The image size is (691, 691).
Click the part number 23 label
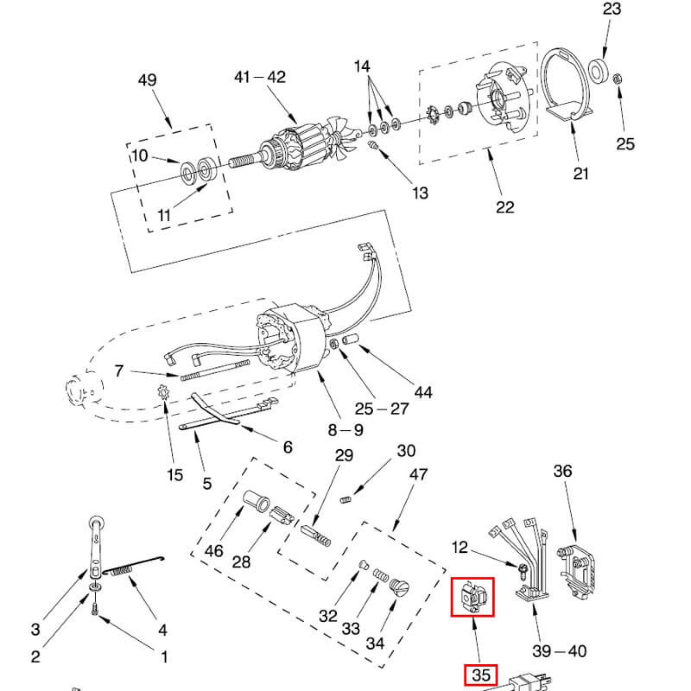pos(612,9)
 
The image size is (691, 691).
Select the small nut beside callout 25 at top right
pos(617,79)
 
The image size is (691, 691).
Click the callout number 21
pos(581,174)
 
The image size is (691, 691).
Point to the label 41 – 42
pos(260,77)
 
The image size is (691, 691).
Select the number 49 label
pos(147,80)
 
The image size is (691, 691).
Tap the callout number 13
pos(420,193)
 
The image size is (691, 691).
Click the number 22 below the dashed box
pos(505,207)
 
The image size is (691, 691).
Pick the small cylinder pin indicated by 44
pos(351,341)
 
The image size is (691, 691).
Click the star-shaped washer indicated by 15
pos(164,393)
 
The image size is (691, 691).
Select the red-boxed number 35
pos(481,675)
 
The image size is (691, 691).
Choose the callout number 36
pos(562,471)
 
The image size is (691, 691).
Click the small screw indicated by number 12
pos(521,571)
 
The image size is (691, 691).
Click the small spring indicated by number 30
pos(346,499)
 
